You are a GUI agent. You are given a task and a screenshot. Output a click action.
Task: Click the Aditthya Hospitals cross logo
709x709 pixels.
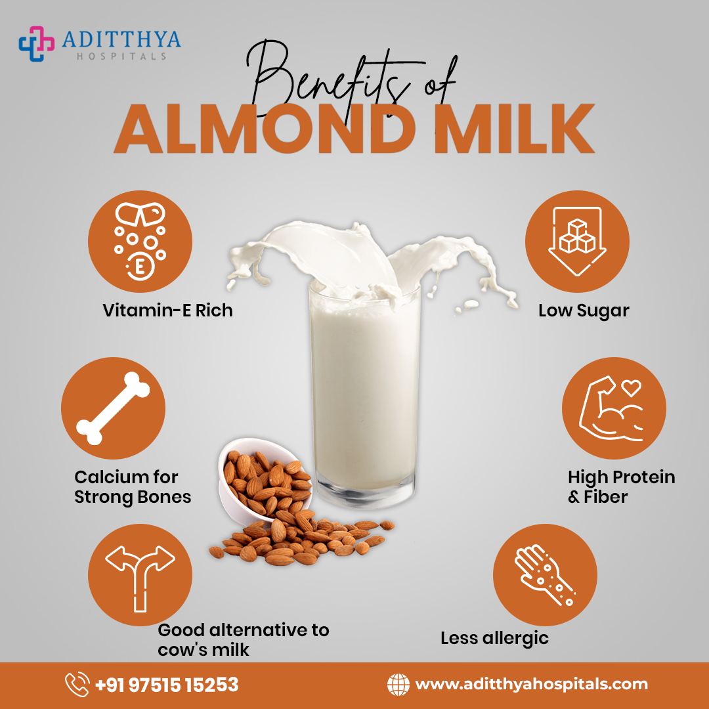point(36,43)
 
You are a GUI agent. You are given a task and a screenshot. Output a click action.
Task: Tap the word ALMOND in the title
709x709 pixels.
point(265,129)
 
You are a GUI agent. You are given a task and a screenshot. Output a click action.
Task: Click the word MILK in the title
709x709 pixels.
point(514,129)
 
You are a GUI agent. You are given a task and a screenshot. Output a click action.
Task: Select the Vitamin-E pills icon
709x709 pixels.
point(140,242)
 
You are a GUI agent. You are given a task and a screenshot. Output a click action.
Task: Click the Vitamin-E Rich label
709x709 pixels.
point(168,310)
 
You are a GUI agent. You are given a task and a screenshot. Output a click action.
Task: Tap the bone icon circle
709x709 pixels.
point(113,408)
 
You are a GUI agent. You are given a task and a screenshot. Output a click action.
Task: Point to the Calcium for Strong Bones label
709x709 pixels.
point(133,487)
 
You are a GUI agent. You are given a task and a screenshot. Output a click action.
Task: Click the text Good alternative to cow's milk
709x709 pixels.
point(244,639)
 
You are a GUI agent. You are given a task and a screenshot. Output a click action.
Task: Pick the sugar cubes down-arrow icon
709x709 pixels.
point(577,242)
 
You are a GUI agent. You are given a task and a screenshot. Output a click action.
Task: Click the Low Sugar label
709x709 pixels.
point(584,311)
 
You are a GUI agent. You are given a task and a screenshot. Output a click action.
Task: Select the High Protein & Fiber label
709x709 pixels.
point(621,487)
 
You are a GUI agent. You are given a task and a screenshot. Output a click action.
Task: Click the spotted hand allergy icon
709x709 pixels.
point(545,575)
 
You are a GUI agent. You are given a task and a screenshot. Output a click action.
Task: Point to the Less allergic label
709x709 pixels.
point(495,639)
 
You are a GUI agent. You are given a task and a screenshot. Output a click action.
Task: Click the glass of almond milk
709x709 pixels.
point(364,393)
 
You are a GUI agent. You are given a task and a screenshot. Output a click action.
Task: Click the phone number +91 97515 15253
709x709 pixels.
point(167,685)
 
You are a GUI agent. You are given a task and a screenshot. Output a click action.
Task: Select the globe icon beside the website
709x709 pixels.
point(398,685)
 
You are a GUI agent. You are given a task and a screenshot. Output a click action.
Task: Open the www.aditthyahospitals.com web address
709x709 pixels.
point(531,685)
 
